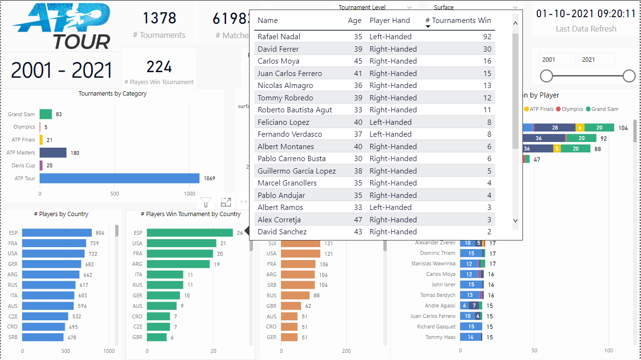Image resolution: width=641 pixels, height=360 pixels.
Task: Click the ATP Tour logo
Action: [x=61, y=26]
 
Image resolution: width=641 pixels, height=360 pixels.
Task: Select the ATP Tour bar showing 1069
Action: [x=119, y=178]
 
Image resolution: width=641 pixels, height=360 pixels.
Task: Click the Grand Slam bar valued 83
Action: [x=45, y=114]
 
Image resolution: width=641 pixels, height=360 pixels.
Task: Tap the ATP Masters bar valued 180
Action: [x=53, y=153]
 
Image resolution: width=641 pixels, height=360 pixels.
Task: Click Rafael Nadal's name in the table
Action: [x=281, y=37]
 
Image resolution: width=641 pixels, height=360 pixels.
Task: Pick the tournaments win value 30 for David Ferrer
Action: [x=486, y=49]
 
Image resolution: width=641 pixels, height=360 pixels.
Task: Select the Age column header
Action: [x=355, y=21]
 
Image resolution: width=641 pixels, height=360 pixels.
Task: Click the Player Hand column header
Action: [x=390, y=21]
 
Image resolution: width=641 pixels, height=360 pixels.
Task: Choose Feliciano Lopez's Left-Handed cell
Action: [x=390, y=122]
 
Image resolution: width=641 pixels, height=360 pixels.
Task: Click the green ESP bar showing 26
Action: [x=189, y=233]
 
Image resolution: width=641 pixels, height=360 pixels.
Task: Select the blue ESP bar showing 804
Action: [x=57, y=233]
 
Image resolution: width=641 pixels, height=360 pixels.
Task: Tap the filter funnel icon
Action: [x=206, y=202]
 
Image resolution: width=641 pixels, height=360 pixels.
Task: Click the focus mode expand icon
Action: [x=226, y=202]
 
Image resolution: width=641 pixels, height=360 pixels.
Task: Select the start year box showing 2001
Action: [x=556, y=60]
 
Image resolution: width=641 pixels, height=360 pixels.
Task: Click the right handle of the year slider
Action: [x=629, y=76]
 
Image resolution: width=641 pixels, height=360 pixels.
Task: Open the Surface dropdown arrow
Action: [x=515, y=8]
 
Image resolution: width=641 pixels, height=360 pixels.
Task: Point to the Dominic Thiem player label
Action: [x=437, y=253]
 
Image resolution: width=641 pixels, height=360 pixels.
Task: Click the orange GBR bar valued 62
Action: [x=291, y=306]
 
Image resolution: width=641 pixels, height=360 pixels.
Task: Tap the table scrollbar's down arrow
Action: [x=515, y=220]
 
